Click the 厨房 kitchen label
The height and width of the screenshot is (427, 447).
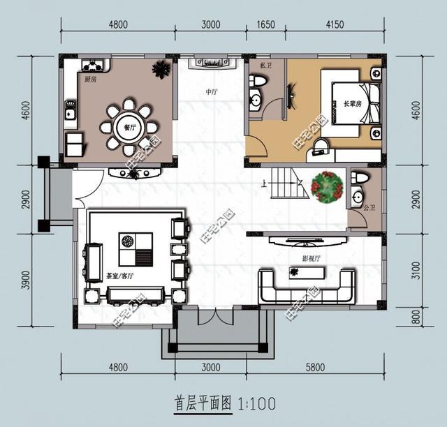[x=90, y=80]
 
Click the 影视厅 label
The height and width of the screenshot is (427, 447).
[x=311, y=258]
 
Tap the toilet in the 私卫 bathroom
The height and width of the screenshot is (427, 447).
[x=258, y=82]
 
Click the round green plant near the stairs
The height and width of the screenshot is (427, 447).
[x=326, y=187]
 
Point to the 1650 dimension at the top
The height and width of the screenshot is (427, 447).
[x=265, y=25]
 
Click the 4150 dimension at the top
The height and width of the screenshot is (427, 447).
[x=335, y=25]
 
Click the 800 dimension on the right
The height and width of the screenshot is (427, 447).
[x=416, y=319]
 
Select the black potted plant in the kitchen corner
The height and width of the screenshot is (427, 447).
[x=161, y=69]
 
